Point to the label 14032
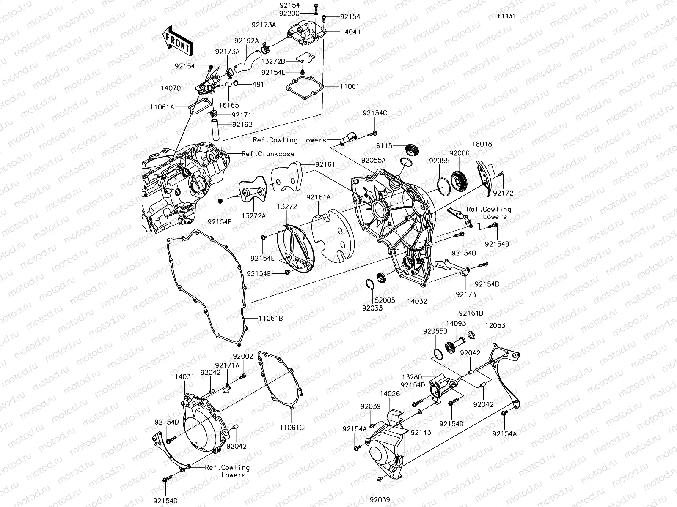click(x=417, y=302)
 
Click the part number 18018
click(x=482, y=144)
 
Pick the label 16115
click(x=383, y=146)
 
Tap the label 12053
click(x=495, y=326)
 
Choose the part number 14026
click(x=390, y=393)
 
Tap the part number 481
click(x=258, y=84)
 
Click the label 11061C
click(x=292, y=427)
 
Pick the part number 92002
click(x=243, y=356)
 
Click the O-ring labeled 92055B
click(x=438, y=354)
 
